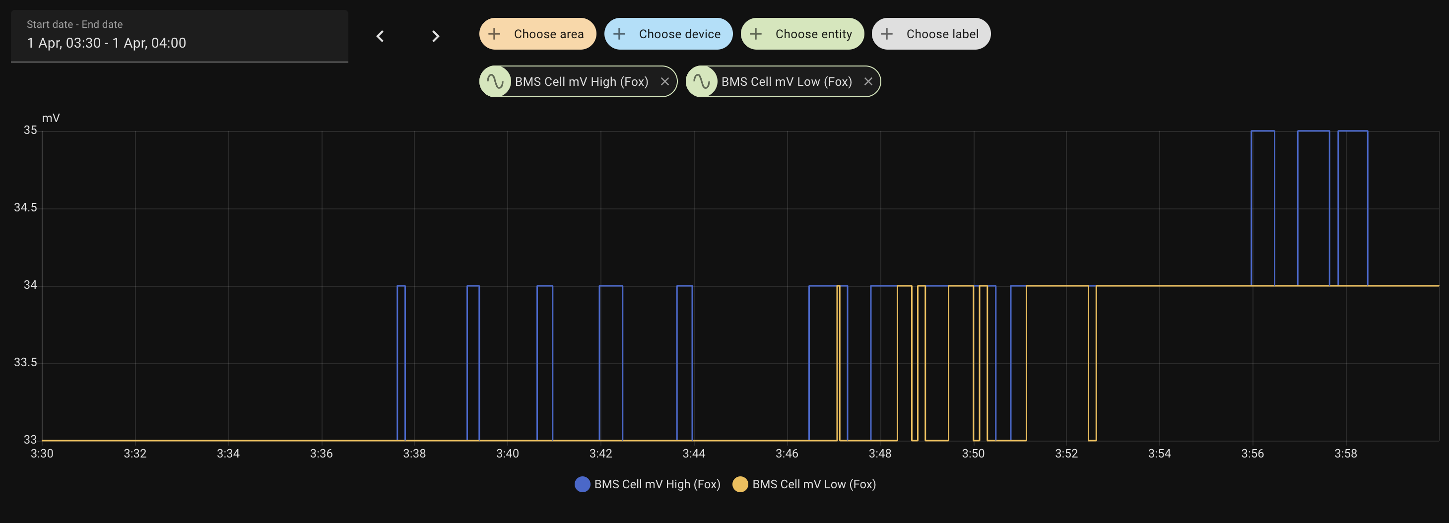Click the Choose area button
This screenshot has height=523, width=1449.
point(537,34)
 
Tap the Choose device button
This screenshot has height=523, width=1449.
point(668,34)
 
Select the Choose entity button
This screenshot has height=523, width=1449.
point(802,34)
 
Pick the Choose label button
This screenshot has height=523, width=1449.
point(931,34)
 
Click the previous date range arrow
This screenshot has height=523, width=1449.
point(380,37)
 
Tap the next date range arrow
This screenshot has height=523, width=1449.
point(435,37)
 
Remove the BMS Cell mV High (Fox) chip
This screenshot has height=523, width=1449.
point(665,81)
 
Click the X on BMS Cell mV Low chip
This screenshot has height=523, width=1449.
point(868,81)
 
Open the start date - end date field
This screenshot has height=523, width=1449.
point(180,35)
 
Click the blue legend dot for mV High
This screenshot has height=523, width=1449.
point(582,484)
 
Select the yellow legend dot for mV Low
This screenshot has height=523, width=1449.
point(740,484)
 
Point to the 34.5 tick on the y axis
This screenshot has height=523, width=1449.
point(25,207)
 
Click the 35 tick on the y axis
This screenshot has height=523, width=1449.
point(30,130)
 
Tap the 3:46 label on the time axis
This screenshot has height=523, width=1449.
point(787,453)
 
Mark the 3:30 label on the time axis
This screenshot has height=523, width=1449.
point(42,453)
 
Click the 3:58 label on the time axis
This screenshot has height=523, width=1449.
point(1345,453)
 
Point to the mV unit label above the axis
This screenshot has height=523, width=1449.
point(51,118)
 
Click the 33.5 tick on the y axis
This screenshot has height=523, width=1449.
point(25,362)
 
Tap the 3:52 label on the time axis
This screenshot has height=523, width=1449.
point(1066,453)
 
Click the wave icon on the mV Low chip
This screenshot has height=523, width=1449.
point(702,81)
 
